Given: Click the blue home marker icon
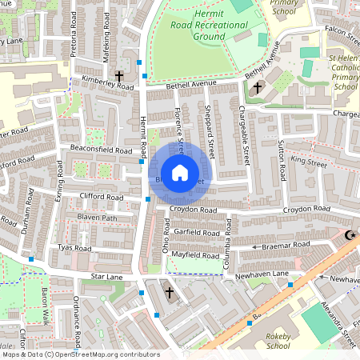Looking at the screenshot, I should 180,172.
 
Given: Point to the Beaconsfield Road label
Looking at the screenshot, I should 100,150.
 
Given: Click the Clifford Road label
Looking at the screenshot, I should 101,197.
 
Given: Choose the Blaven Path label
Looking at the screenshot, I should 97,218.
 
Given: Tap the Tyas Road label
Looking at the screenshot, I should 77,248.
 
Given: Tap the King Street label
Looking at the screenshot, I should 309,162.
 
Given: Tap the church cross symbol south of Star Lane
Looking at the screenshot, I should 169,294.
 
